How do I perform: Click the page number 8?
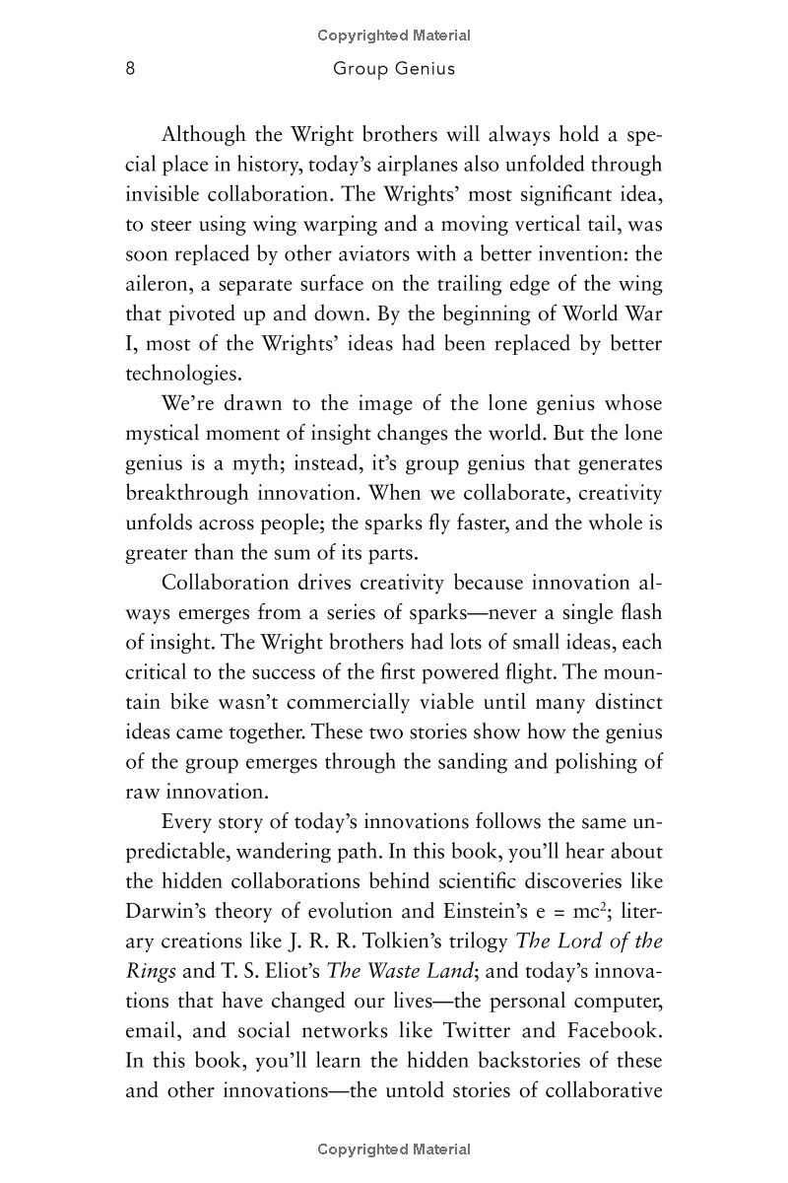[x=130, y=69]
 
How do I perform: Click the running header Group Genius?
[x=394, y=69]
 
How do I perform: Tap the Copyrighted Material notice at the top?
[x=394, y=35]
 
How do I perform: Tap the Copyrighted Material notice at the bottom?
[x=394, y=1148]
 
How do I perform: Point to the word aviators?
[x=371, y=254]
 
